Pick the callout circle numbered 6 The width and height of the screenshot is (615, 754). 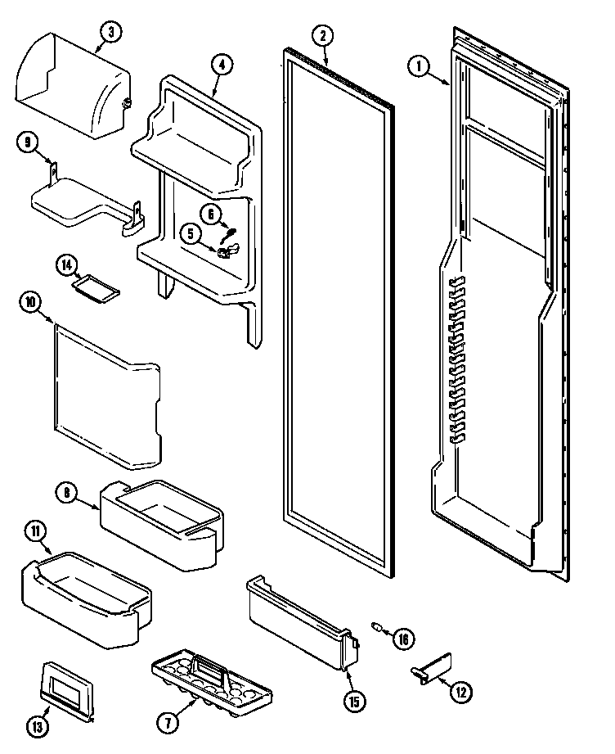tap(209, 214)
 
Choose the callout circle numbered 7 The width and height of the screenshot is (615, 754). tap(168, 721)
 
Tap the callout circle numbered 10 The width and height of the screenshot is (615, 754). tap(30, 302)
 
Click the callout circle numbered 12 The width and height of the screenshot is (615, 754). tap(461, 693)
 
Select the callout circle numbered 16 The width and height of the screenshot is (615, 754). tap(402, 638)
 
